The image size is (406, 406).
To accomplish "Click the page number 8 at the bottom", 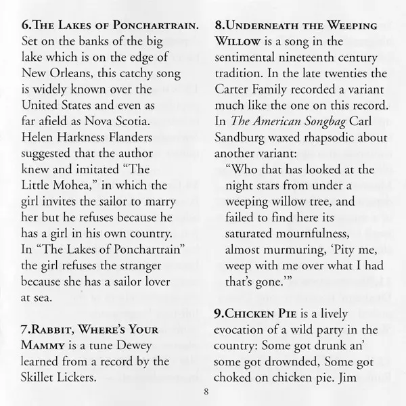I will tap(203, 390).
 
